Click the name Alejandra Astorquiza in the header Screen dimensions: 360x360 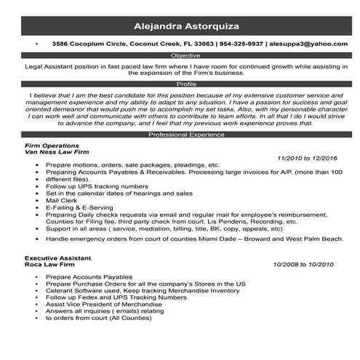pos(180,27)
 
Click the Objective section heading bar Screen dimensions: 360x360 pos(180,55)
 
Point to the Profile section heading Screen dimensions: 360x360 pos(180,84)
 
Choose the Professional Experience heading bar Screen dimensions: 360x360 pos(180,135)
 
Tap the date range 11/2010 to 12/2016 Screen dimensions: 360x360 pos(308,158)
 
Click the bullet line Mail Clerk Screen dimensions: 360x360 pos(62,200)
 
